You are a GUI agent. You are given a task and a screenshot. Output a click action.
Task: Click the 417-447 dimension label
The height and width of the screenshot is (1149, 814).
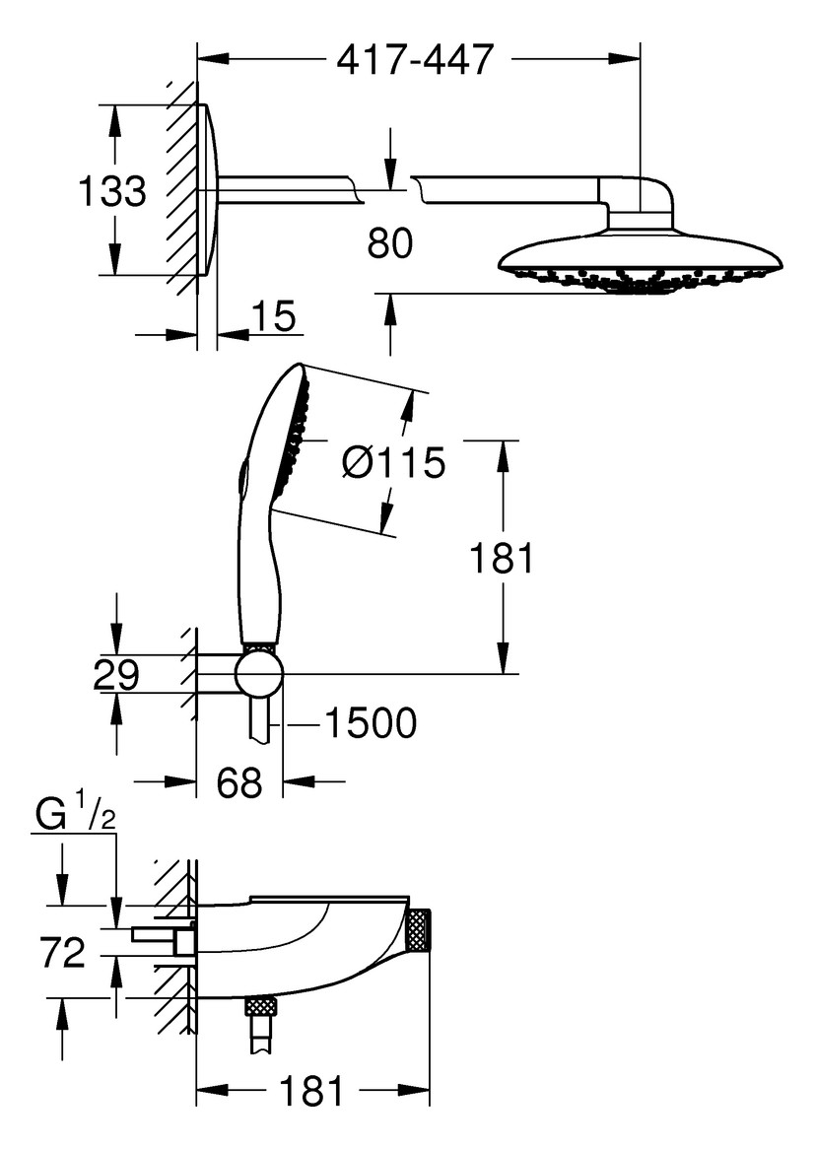click(x=414, y=60)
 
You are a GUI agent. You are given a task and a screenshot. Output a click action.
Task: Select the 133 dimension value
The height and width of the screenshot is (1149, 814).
click(x=112, y=191)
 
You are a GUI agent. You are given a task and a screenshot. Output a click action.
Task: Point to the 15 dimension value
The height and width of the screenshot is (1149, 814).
click(x=273, y=318)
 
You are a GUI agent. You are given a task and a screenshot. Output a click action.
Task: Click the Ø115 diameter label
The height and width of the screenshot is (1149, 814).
click(x=392, y=461)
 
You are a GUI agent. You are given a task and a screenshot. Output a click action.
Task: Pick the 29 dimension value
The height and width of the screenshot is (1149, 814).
click(x=115, y=676)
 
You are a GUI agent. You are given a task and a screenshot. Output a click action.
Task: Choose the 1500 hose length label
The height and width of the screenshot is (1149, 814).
click(x=371, y=725)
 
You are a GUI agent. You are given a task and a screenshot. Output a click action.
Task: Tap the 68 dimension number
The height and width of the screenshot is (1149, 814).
click(x=238, y=783)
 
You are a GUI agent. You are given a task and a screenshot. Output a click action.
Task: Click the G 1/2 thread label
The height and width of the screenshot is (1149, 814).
click(x=76, y=818)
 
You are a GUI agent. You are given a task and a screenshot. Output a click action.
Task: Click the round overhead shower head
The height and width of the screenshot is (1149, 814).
click(x=641, y=262)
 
